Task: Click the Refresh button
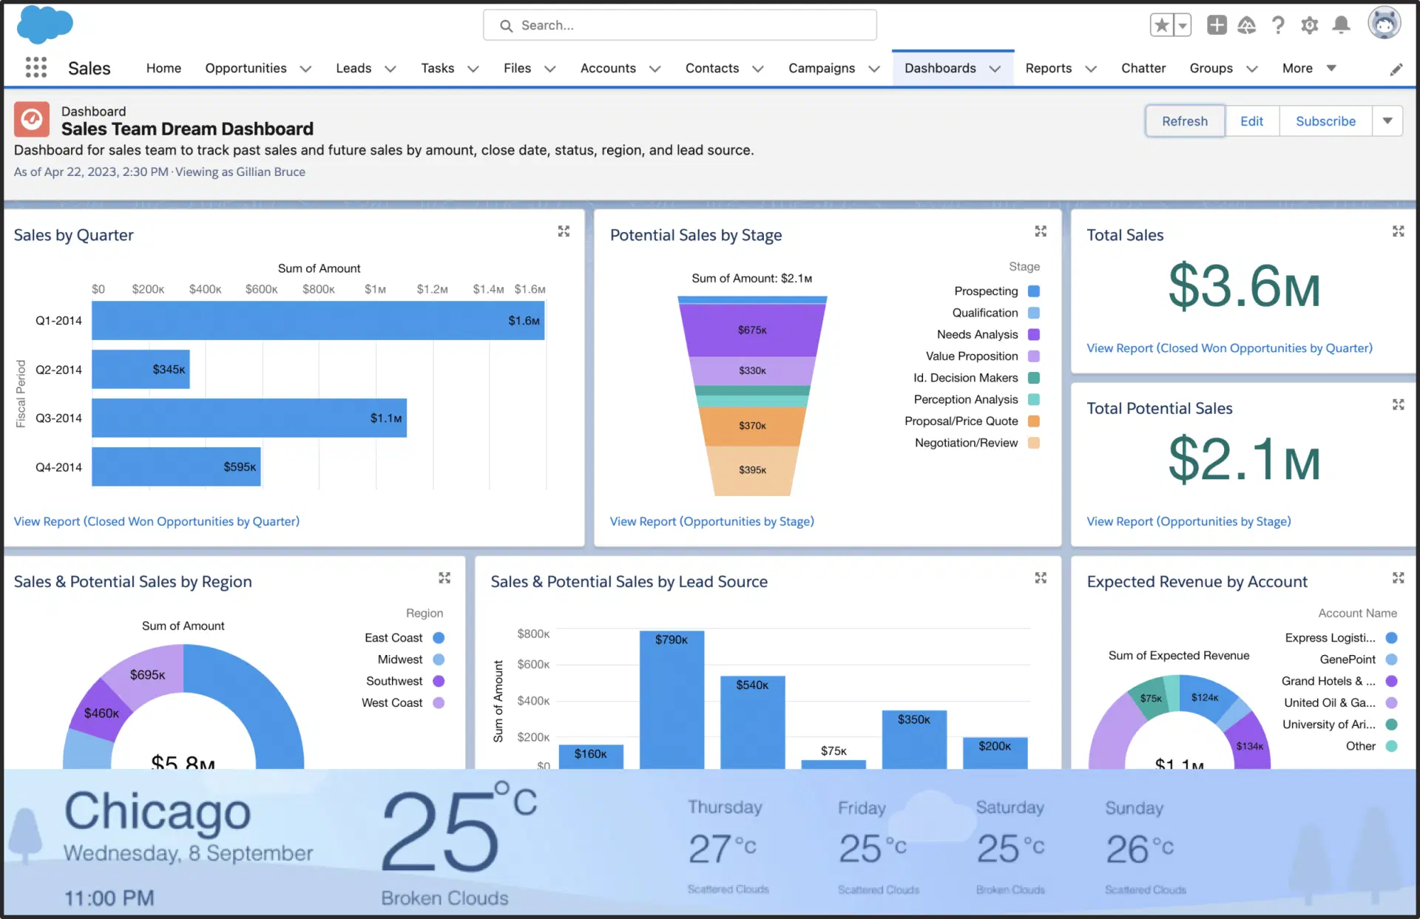(1184, 121)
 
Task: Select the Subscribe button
(1325, 121)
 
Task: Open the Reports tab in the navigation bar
(1048, 68)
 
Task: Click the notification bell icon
(1341, 25)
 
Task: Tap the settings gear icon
(1309, 25)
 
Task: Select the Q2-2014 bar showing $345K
(141, 369)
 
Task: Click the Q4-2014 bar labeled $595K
(176, 467)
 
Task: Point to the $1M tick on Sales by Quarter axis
(375, 289)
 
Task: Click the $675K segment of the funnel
(752, 330)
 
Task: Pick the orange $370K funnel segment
(752, 426)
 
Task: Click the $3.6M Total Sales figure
(1244, 287)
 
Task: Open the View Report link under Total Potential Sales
(1189, 521)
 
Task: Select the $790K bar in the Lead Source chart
(672, 699)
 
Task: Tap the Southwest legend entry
(395, 681)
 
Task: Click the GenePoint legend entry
(1348, 659)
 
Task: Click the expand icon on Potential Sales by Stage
(1041, 231)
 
